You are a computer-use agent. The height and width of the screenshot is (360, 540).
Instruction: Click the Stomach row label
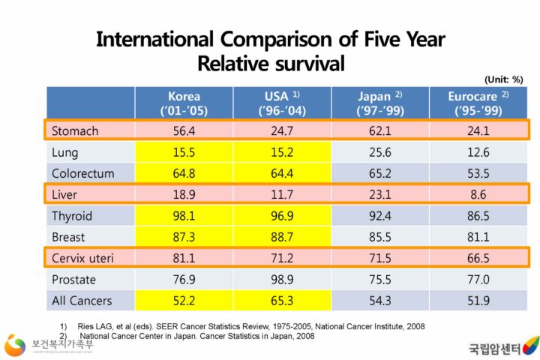tap(75, 131)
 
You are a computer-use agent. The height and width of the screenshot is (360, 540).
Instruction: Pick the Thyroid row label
tap(72, 216)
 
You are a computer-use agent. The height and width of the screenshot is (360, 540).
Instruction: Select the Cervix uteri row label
tap(82, 258)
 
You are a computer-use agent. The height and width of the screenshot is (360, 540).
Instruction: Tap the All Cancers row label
tap(82, 301)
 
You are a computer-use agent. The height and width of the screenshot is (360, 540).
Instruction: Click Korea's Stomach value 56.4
tap(184, 131)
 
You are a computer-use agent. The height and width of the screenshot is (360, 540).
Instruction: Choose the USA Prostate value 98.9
tap(281, 280)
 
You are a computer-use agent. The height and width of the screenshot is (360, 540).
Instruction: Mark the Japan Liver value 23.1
tap(379, 195)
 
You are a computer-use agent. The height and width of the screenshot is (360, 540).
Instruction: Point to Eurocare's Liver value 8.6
tap(478, 195)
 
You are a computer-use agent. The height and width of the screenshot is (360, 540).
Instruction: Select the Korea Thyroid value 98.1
tap(184, 216)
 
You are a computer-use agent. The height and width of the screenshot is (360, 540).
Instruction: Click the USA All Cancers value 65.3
tap(281, 301)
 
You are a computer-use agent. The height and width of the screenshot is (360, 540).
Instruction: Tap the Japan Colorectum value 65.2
tap(379, 173)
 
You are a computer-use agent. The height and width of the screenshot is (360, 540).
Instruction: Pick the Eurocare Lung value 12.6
tap(478, 152)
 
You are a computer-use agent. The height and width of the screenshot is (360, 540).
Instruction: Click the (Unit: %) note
tap(502, 79)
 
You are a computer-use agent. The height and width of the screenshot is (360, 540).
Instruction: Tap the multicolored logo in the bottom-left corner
tap(16, 346)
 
